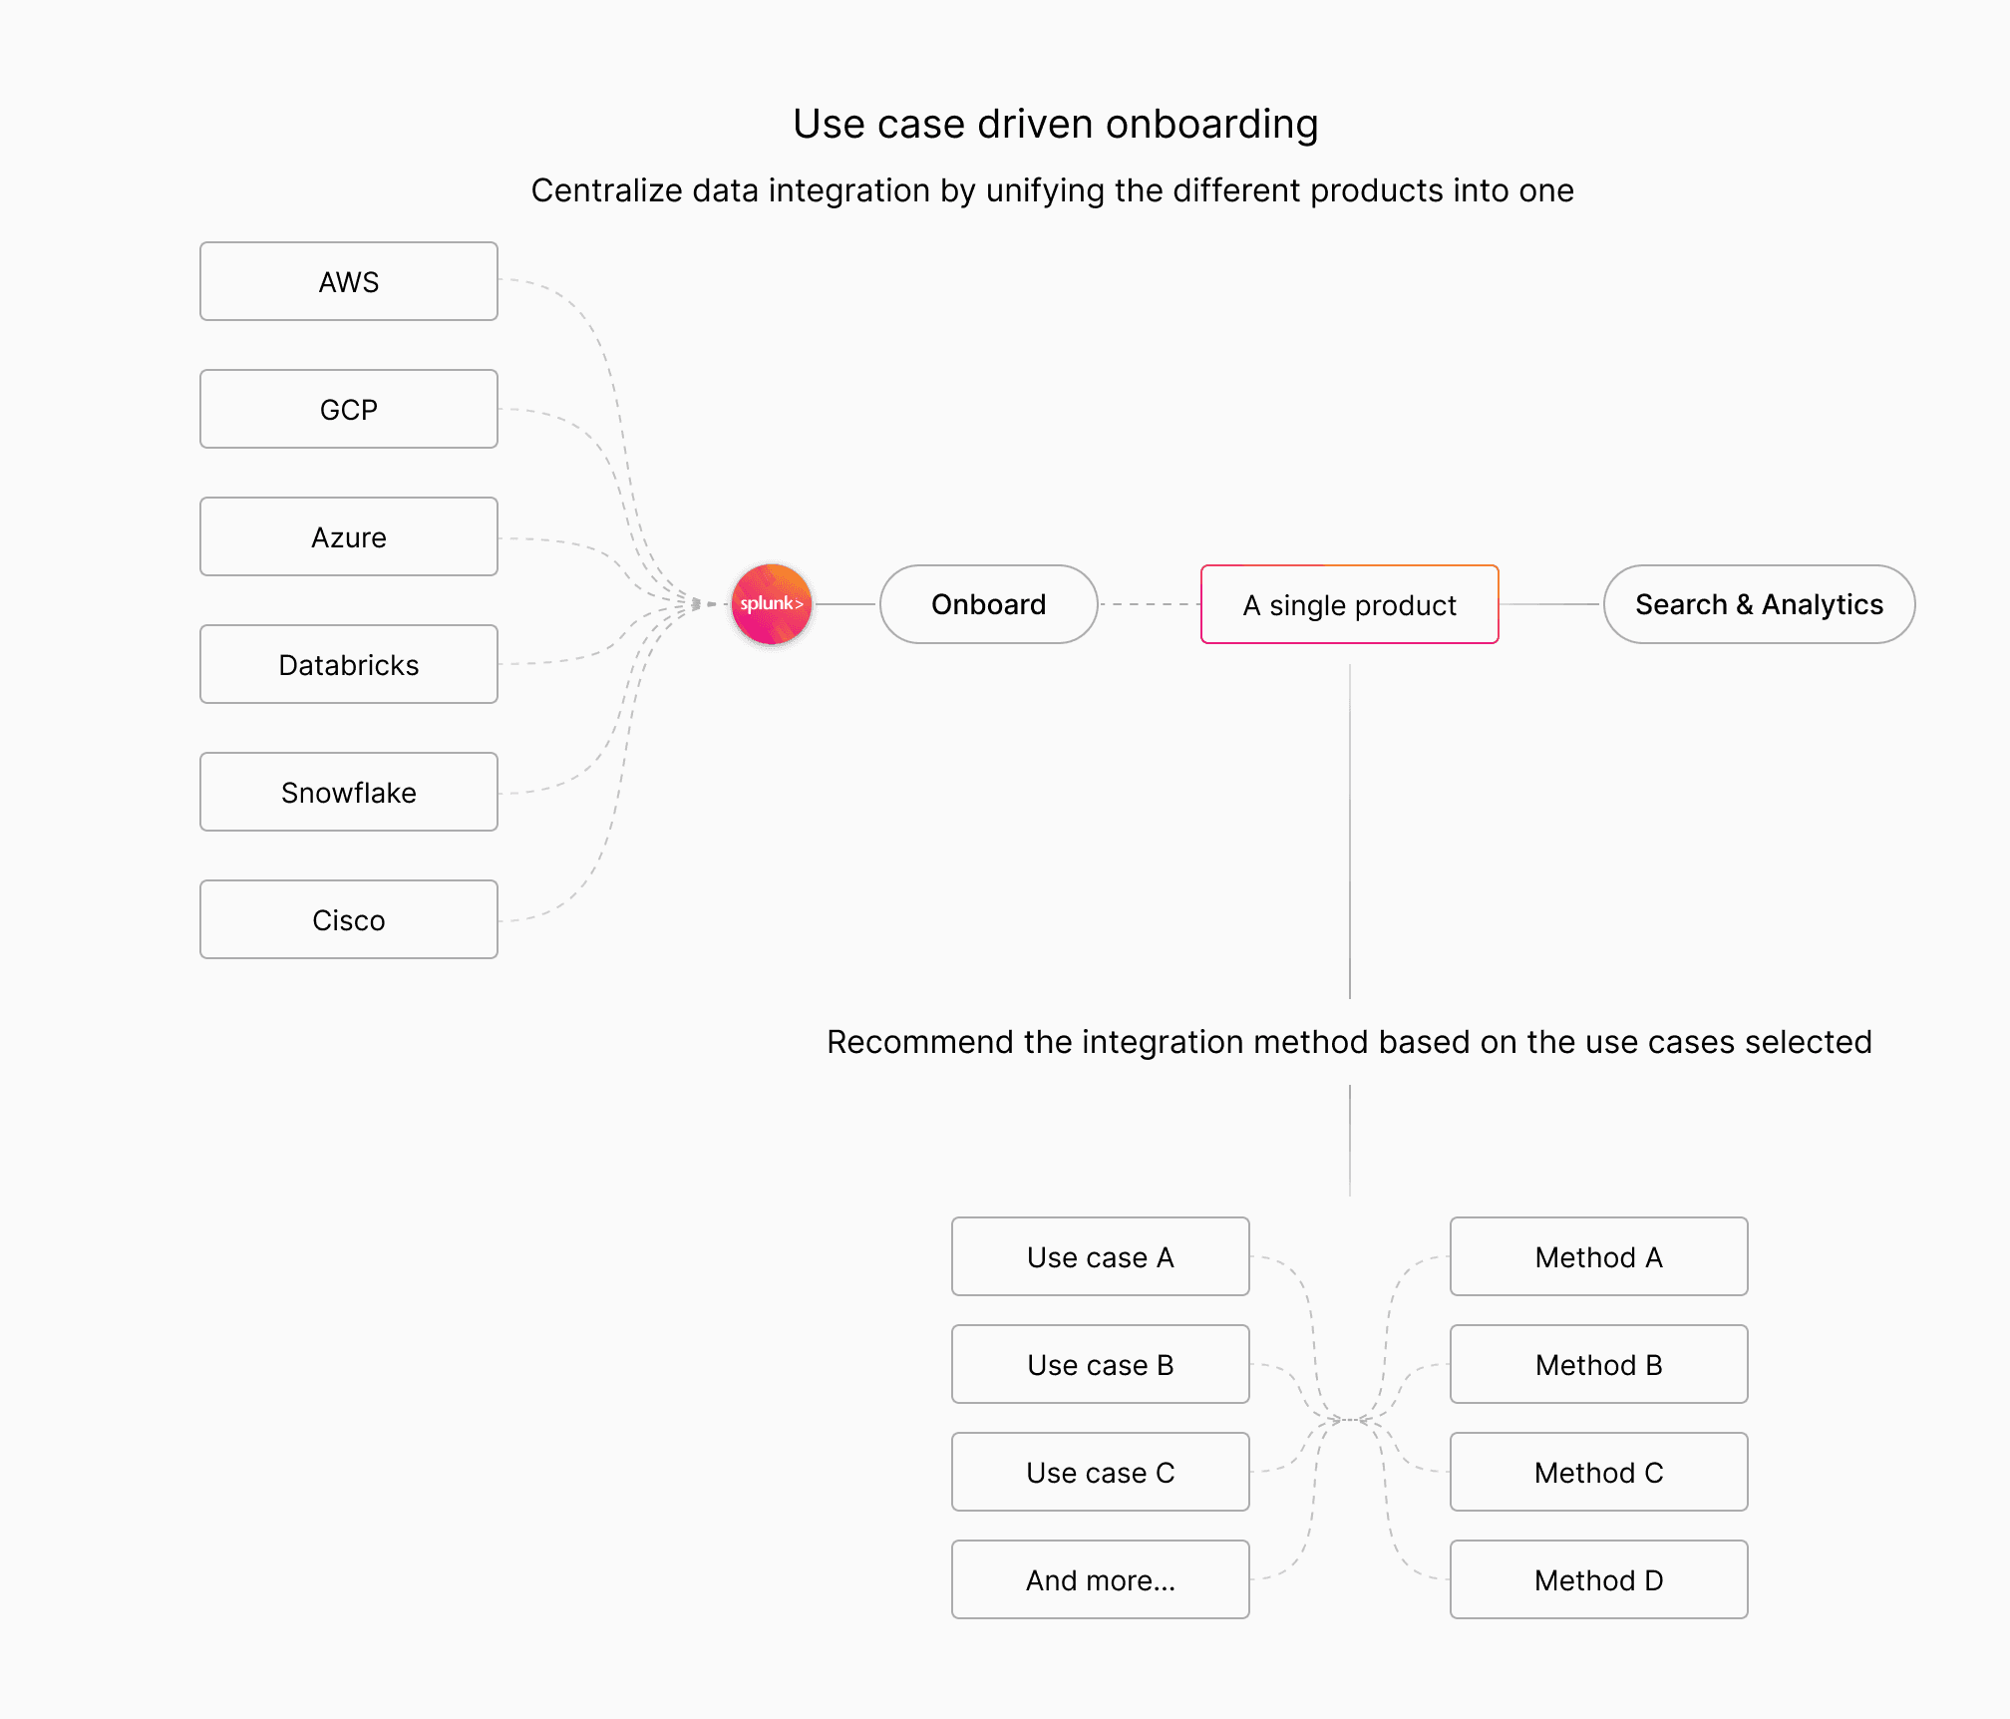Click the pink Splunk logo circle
click(772, 604)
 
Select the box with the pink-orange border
click(1349, 604)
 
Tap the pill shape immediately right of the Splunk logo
click(988, 604)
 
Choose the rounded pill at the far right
click(1759, 604)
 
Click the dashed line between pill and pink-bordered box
click(1150, 604)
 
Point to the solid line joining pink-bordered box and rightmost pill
click(1550, 604)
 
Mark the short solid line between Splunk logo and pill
click(846, 604)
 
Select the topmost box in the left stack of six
click(349, 281)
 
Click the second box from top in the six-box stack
click(349, 409)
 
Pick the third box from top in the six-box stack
click(349, 536)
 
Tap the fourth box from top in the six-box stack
click(349, 664)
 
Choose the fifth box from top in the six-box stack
click(349, 792)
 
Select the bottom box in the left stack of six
click(349, 919)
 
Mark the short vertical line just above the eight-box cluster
click(1350, 1140)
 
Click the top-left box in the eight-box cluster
click(1101, 1256)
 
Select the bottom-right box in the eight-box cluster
click(1599, 1579)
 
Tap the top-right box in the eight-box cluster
click(1599, 1256)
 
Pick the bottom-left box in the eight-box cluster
click(1101, 1579)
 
